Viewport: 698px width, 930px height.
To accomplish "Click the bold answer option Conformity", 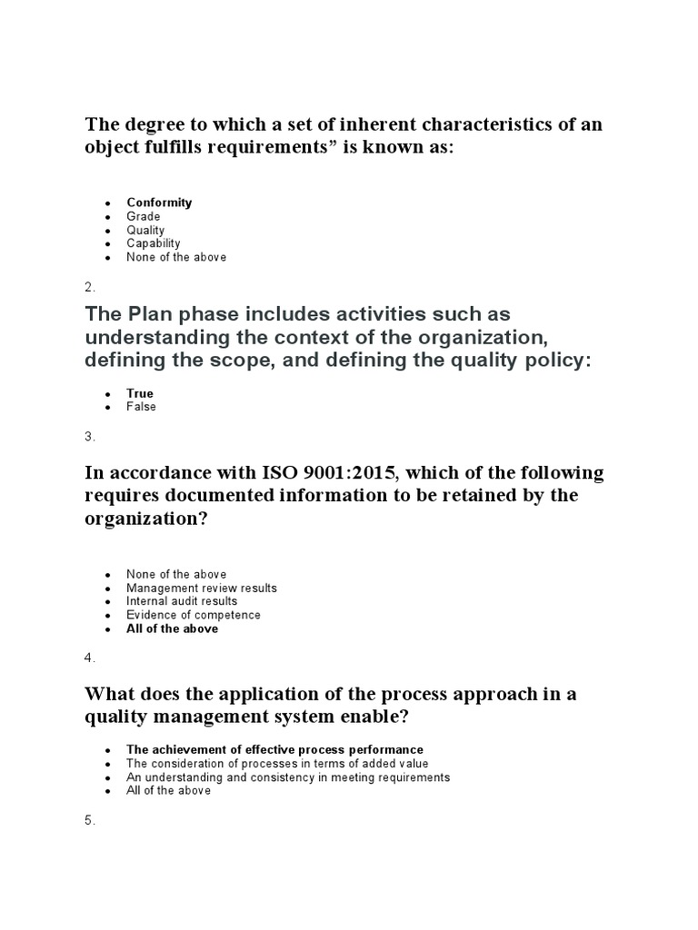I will tap(159, 203).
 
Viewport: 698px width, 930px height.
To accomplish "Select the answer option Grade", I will tap(144, 216).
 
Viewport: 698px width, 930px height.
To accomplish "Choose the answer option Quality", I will tap(145, 230).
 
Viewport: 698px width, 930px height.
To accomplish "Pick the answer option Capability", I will tap(154, 243).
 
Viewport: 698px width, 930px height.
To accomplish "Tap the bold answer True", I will tap(140, 393).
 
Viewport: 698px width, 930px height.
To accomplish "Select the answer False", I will tap(142, 407).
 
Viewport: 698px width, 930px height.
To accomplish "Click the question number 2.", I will tap(89, 287).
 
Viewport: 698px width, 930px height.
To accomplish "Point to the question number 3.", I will tap(89, 437).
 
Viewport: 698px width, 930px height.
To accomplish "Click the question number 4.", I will tap(89, 658).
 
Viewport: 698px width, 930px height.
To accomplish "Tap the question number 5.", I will tap(89, 820).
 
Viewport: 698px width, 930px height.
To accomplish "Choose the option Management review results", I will tap(202, 588).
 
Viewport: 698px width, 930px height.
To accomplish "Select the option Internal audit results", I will tap(182, 601).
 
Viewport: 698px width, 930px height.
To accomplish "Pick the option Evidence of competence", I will tap(194, 615).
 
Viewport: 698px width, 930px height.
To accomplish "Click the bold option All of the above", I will tap(172, 628).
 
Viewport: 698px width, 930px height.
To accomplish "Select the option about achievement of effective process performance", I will tap(274, 749).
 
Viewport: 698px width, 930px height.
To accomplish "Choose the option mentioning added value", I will tap(277, 763).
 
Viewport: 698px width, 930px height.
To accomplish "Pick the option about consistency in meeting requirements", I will tap(288, 777).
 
